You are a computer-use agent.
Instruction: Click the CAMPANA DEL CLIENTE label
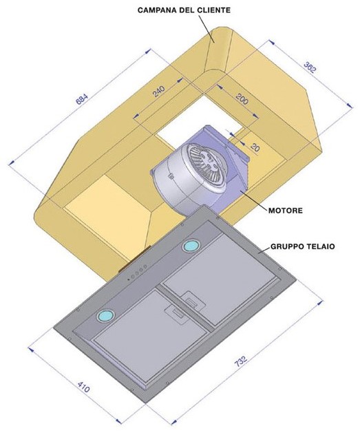pos(184,10)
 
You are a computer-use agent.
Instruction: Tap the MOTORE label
pos(285,211)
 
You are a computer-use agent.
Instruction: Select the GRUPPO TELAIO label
pos(303,246)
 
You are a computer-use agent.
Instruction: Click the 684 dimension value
pos(82,99)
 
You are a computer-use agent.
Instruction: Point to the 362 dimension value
pos(310,67)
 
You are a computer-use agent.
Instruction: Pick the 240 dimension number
pos(159,92)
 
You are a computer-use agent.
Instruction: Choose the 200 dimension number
pos(242,98)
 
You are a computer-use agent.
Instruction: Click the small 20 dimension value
pos(255,148)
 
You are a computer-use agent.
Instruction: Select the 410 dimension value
pos(83,387)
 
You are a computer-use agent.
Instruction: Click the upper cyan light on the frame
pos(191,246)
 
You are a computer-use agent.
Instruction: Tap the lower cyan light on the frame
pos(106,316)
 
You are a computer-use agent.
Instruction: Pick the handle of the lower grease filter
pos(176,315)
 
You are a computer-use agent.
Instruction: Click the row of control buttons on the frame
pos(137,273)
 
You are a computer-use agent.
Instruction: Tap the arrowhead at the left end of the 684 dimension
pos(12,163)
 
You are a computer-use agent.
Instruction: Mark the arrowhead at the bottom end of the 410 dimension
pos(118,421)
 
